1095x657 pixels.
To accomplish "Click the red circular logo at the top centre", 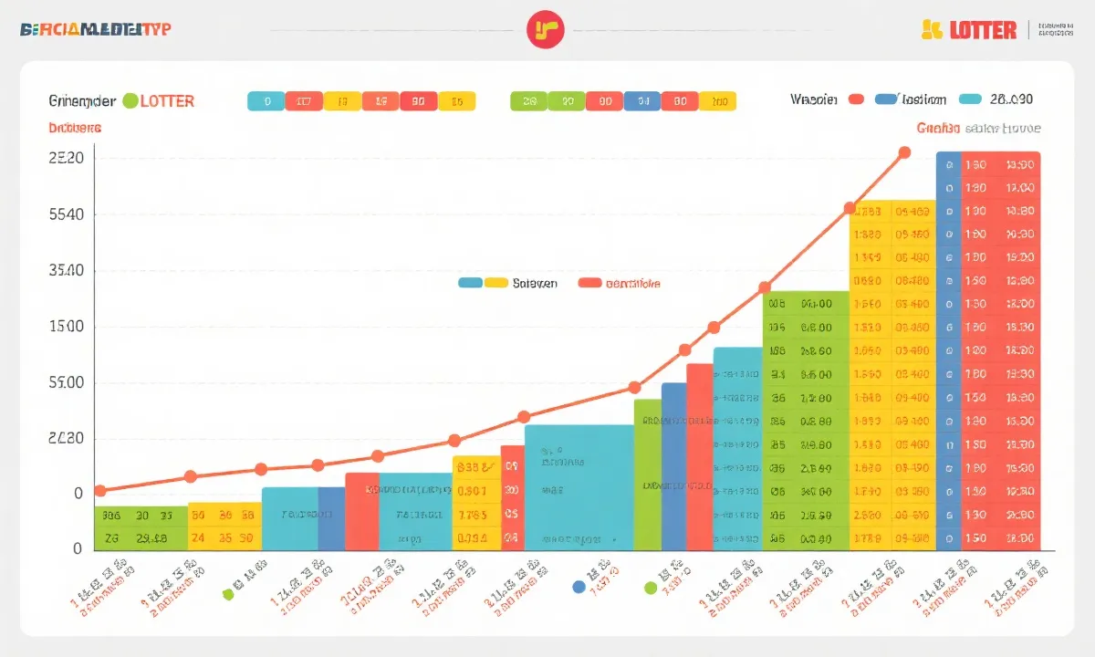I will pos(546,30).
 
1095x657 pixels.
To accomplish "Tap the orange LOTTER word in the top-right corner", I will pos(982,30).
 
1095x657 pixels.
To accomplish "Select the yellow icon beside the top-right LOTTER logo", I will pos(931,30).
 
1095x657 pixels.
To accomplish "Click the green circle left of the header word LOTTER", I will pos(130,100).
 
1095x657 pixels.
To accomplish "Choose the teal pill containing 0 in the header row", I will pos(266,101).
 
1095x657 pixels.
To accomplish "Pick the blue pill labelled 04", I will pos(642,101).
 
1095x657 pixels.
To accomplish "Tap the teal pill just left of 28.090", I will pos(970,99).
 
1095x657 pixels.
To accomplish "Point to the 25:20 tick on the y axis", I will pos(65,158).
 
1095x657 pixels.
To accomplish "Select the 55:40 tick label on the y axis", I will pos(65,214).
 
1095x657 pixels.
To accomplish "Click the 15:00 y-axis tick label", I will pos(65,327).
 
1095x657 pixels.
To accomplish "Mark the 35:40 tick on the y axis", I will pos(65,271).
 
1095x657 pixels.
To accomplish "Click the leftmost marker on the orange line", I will pos(100,491).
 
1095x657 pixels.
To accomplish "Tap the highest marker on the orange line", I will pos(904,152).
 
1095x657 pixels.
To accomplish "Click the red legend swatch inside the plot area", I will pos(589,283).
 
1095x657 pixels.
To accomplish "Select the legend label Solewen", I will pos(535,284).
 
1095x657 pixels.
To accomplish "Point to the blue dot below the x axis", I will pos(579,587).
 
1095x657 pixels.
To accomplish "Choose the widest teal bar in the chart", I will pos(579,487).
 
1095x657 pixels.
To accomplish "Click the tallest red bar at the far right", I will pos(1001,351).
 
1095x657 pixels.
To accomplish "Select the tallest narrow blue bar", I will pos(949,351).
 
